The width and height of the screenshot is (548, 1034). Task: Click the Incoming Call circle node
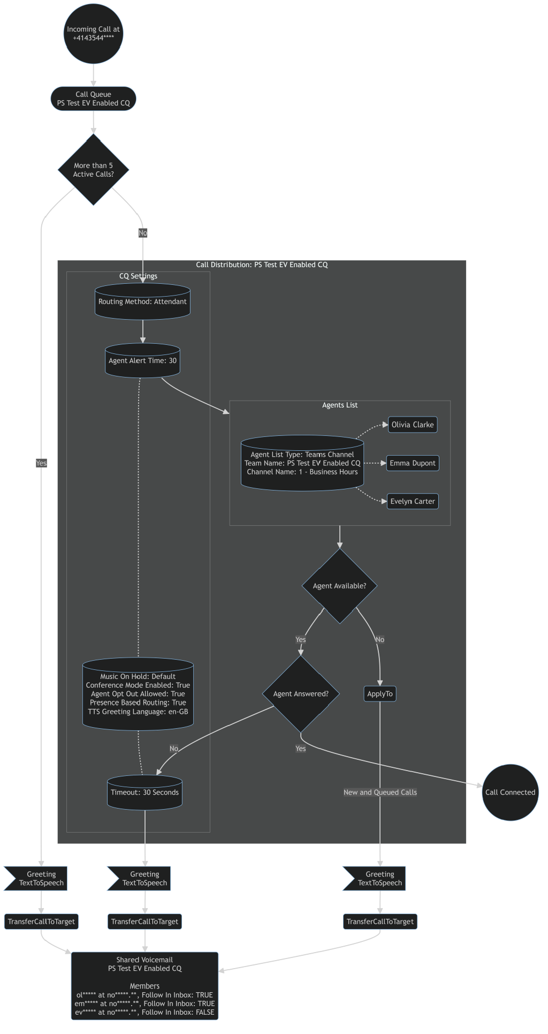coord(93,34)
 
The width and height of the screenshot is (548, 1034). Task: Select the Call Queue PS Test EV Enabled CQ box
coord(93,99)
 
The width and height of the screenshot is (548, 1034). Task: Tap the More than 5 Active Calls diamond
coord(93,170)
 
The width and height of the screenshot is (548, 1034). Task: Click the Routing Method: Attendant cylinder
coord(142,302)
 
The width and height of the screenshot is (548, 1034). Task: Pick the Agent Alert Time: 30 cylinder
coord(142,360)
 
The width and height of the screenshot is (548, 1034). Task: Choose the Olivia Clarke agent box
coord(413,425)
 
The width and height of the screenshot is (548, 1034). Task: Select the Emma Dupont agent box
coord(413,463)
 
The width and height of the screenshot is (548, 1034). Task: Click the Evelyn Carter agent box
coord(413,501)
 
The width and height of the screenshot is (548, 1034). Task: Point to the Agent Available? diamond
coord(339,586)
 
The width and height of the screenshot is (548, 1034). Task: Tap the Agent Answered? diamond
coord(301,693)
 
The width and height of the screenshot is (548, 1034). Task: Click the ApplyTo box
coord(380,693)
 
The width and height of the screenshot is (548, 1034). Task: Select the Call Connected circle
coord(510,792)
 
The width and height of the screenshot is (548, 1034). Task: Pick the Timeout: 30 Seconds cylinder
coord(144,793)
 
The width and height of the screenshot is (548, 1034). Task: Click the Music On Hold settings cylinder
coord(138,693)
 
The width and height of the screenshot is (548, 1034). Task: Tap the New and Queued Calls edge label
coord(380,792)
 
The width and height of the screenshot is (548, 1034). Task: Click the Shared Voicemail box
coord(144,986)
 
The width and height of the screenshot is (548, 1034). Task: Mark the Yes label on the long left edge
coord(41,463)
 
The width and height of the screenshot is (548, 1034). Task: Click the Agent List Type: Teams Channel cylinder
coord(302,463)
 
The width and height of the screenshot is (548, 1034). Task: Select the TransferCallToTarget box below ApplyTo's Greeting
coord(380,922)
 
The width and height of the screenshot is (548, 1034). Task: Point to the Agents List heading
coord(340,405)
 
